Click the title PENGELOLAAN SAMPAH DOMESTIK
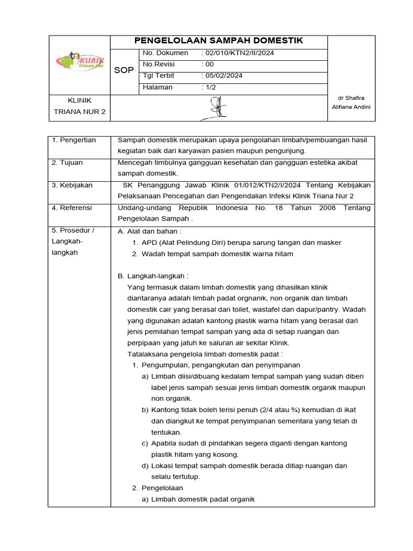click(218, 40)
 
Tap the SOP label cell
click(124, 70)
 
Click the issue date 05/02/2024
click(223, 75)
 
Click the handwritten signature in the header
click(218, 108)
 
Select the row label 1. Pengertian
click(74, 140)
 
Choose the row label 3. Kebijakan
click(72, 185)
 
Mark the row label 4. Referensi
click(72, 208)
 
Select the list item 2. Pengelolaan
click(158, 488)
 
